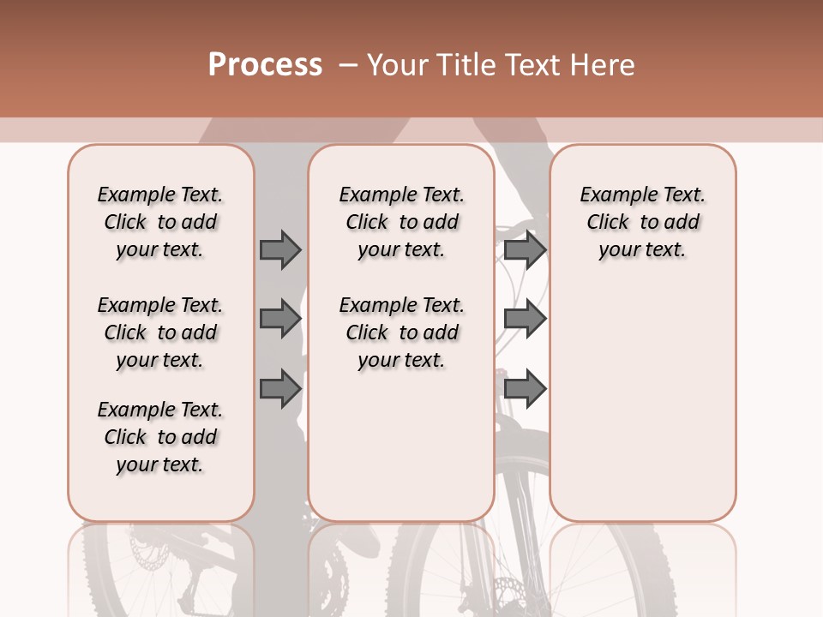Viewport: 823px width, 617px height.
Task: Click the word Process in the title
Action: [265, 65]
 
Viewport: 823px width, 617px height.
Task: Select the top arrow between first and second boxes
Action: [279, 249]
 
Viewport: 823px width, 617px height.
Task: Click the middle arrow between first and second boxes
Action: [279, 319]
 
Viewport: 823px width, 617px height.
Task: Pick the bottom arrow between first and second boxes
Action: [279, 388]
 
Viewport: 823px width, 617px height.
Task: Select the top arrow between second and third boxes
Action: [525, 249]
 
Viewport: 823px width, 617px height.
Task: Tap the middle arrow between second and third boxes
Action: [525, 319]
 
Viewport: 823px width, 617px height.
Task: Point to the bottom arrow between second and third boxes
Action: [525, 388]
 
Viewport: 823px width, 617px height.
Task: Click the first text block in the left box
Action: [160, 222]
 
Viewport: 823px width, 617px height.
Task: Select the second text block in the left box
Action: [160, 332]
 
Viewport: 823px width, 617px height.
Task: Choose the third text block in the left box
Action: [160, 437]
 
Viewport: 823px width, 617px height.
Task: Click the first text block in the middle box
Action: [402, 222]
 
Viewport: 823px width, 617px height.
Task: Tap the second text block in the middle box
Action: [402, 332]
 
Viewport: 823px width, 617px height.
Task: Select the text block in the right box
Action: [643, 222]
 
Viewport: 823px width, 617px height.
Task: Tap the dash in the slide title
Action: [348, 65]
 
